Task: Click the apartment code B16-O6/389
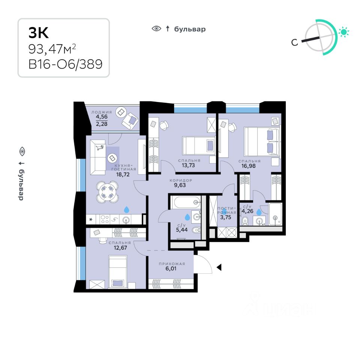[65, 64]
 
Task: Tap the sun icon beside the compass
[343, 32]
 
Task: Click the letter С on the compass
[295, 42]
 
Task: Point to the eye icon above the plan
[156, 29]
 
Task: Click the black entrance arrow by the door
[219, 267]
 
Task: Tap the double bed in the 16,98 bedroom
[262, 141]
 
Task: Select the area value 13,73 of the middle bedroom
[189, 165]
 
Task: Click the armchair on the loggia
[130, 120]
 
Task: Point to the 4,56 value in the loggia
[101, 116]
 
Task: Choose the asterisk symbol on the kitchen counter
[90, 218]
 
